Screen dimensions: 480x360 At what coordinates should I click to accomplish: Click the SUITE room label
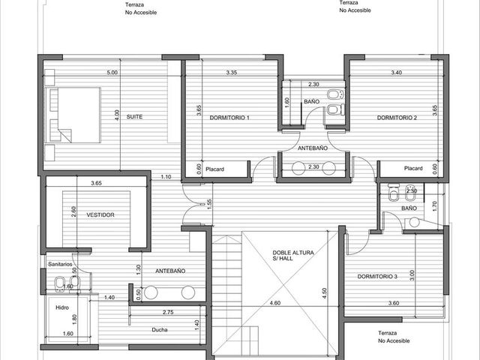[x=134, y=117]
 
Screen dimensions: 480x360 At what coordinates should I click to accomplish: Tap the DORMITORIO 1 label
[x=229, y=118]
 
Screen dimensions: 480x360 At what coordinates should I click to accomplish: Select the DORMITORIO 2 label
[x=397, y=118]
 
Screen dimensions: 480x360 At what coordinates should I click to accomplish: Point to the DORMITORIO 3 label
[x=377, y=277]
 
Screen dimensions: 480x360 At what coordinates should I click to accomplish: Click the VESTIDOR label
[x=100, y=215]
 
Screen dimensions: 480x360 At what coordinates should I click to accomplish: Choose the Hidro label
[x=62, y=307]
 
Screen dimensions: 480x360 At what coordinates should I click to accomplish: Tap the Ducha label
[x=160, y=330]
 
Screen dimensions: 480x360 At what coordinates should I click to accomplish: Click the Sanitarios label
[x=60, y=264]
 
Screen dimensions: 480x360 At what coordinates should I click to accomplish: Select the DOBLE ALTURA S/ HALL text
[x=293, y=255]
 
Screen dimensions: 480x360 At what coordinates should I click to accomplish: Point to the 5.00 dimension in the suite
[x=112, y=73]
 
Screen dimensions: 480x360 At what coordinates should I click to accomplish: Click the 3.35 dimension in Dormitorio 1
[x=232, y=73]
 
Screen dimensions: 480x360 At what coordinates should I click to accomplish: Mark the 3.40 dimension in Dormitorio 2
[x=397, y=73]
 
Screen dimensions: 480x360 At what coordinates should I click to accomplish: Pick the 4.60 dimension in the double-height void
[x=275, y=303]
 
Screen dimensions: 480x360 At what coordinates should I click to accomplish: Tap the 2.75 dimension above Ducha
[x=168, y=312]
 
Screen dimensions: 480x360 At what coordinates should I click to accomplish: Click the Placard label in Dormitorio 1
[x=214, y=169]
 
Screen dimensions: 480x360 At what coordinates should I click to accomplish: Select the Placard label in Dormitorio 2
[x=413, y=168]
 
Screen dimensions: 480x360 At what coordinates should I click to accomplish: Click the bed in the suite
[x=73, y=115]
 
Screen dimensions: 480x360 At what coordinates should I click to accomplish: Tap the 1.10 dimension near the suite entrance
[x=166, y=177]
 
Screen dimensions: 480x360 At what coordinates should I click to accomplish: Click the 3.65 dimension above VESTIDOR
[x=96, y=183]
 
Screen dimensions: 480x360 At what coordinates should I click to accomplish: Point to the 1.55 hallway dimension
[x=209, y=204]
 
